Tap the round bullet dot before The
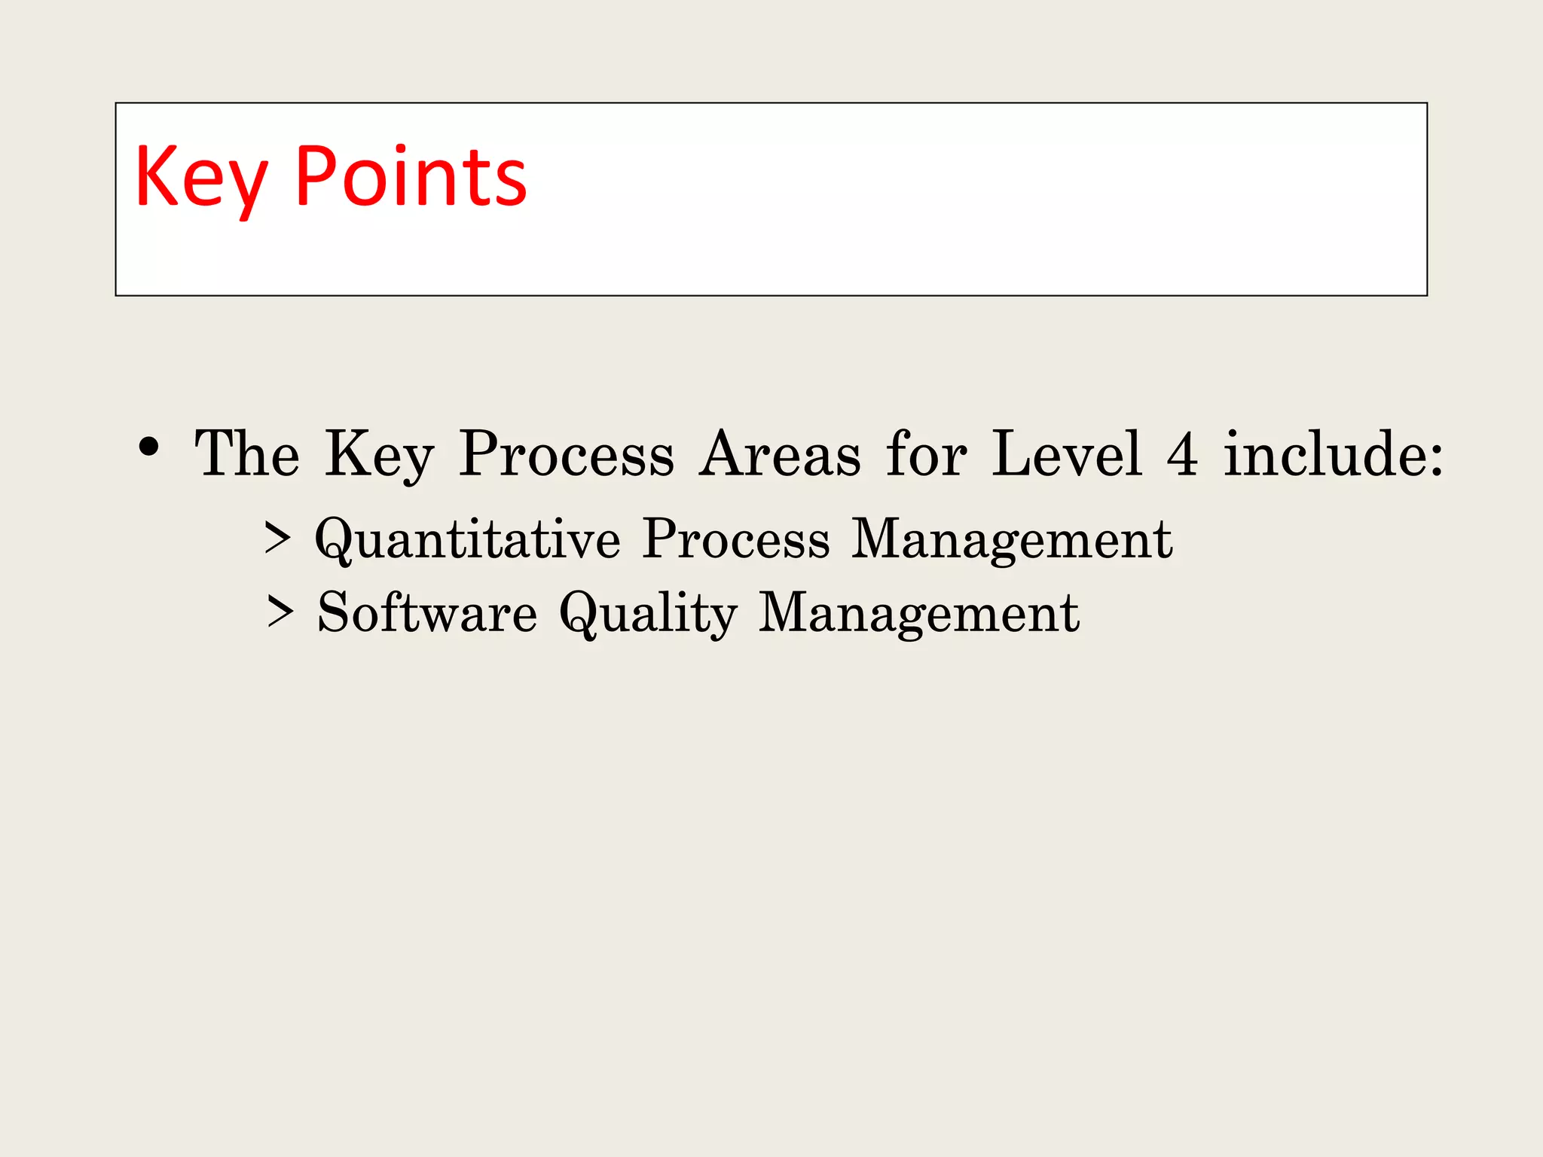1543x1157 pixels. pos(149,447)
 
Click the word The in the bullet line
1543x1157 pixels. pos(247,453)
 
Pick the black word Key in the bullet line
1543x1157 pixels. pos(379,455)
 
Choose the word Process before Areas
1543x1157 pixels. pos(567,454)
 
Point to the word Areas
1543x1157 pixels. pos(779,454)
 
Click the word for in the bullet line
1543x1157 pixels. pos(926,453)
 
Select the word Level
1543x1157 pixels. pos(1067,453)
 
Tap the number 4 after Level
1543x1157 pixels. pos(1182,454)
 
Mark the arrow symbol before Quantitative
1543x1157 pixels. pos(277,539)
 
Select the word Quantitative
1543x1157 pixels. pos(468,539)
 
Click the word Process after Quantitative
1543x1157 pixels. pos(736,539)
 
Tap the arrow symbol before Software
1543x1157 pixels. pos(280,612)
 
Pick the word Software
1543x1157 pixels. pos(427,612)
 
